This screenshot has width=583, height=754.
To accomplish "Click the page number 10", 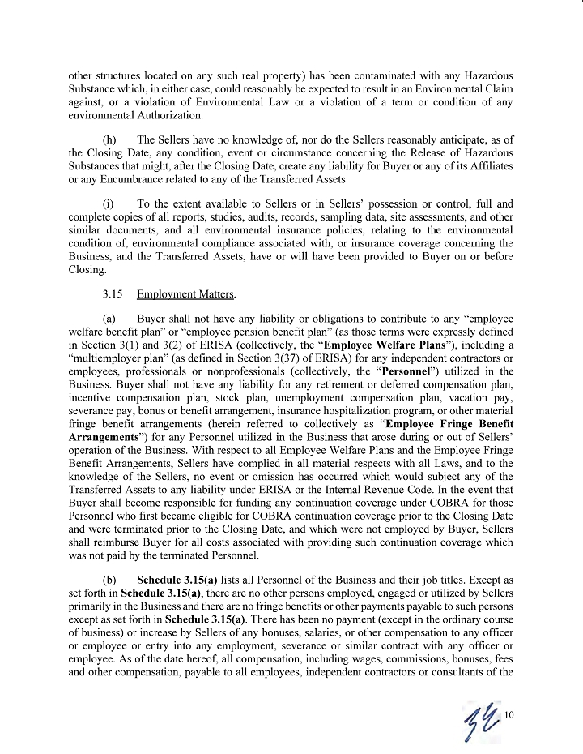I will (x=510, y=714).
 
